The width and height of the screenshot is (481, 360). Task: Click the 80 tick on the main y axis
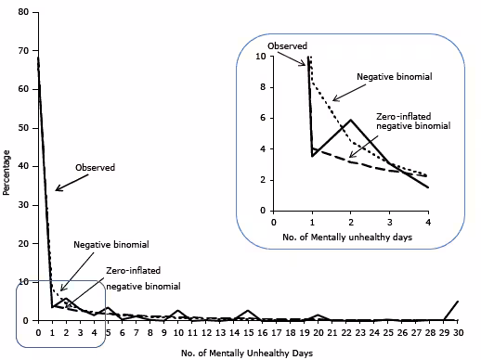(x=25, y=13)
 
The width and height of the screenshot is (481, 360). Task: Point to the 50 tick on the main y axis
(x=25, y=128)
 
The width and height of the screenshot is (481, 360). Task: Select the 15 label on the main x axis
(x=247, y=332)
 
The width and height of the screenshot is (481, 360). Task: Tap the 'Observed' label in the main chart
(x=96, y=168)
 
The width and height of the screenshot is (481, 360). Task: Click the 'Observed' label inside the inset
(x=286, y=45)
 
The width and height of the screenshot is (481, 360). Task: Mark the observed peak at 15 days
(x=247, y=311)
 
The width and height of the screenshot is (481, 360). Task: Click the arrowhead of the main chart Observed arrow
(x=56, y=191)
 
